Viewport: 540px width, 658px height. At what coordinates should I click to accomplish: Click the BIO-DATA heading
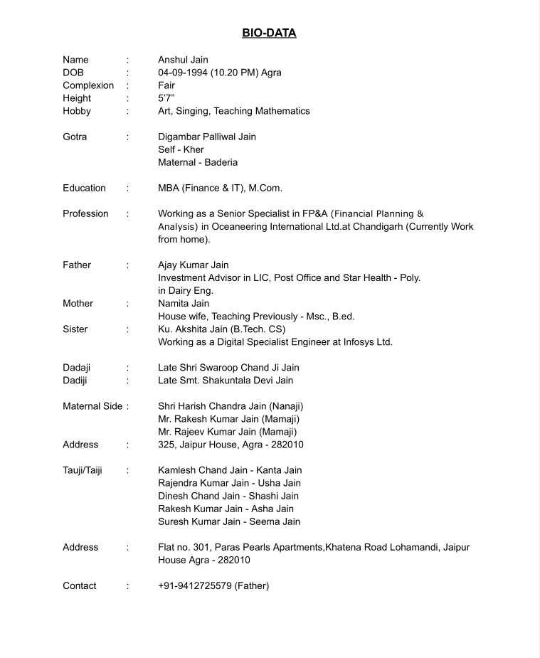pyautogui.click(x=269, y=33)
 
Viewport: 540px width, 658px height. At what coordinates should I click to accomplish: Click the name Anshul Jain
pyautogui.click(x=183, y=60)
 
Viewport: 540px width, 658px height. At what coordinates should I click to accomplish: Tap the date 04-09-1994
pyautogui.click(x=181, y=73)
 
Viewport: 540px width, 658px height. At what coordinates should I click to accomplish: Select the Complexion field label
pyautogui.click(x=88, y=85)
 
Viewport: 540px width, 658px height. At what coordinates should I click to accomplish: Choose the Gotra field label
pyautogui.click(x=75, y=137)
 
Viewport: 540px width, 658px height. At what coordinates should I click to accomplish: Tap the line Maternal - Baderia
pyautogui.click(x=198, y=162)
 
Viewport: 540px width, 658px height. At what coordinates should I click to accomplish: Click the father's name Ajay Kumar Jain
pyautogui.click(x=194, y=265)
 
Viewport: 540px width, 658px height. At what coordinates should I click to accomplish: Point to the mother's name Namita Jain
pyautogui.click(x=184, y=303)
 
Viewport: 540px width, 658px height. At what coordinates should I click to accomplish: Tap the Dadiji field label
pyautogui.click(x=75, y=381)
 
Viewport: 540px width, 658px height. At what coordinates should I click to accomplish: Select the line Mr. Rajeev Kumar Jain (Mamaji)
pyautogui.click(x=228, y=432)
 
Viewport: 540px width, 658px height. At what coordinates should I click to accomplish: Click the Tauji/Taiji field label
pyautogui.click(x=83, y=470)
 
